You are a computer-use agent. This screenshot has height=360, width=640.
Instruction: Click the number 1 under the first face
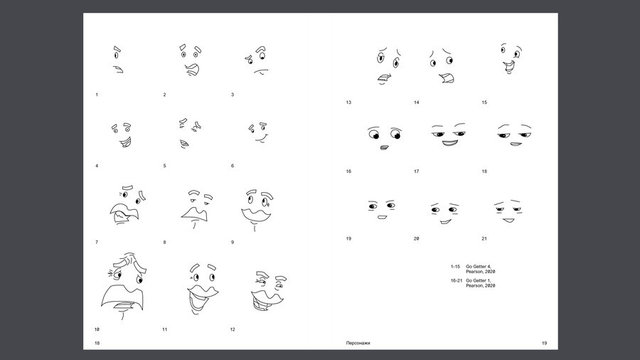97,95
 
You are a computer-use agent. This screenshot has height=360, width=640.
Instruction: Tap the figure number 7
97,243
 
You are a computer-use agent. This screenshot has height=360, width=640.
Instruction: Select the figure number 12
233,329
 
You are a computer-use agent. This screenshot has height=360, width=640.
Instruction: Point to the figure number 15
484,102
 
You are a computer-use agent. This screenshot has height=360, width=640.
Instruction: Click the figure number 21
484,239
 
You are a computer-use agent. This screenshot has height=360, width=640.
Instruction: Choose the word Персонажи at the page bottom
358,343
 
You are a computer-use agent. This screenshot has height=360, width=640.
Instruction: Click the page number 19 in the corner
544,343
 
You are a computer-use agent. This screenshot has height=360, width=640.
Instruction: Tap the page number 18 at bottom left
97,343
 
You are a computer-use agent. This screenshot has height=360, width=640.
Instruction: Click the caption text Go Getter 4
479,267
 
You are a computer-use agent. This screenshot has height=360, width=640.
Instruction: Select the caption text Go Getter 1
479,281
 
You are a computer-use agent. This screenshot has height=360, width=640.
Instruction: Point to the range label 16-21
457,281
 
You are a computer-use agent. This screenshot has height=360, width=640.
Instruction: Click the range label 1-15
455,267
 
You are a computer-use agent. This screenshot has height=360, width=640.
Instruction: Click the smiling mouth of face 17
449,143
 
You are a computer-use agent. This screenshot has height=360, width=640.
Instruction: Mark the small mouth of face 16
385,147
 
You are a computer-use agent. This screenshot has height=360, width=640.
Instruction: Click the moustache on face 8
195,214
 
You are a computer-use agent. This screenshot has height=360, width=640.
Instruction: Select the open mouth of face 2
192,70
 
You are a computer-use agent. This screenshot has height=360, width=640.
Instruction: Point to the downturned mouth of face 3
261,71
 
